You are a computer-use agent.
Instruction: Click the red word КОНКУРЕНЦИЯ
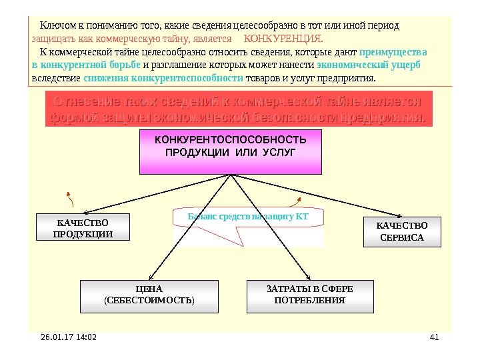pos(284,39)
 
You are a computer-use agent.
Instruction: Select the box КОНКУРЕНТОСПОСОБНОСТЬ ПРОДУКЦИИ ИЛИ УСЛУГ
pos(231,151)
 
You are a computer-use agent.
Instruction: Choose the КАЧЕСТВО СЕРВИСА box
pos(401,232)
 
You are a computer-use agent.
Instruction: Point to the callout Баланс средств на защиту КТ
pos(247,217)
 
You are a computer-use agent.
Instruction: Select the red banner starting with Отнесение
pos(238,111)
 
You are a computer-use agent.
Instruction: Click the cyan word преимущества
pos(393,52)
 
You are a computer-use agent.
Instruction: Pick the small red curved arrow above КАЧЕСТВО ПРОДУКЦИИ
pos(70,197)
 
